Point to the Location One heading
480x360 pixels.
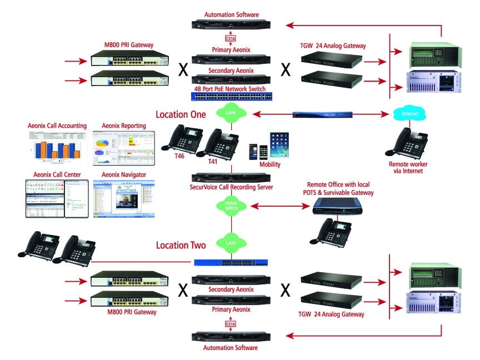181,114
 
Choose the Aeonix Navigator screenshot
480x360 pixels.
123,198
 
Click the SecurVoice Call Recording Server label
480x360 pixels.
231,188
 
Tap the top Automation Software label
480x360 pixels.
232,15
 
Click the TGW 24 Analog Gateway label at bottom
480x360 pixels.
332,314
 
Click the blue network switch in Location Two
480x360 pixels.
232,262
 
